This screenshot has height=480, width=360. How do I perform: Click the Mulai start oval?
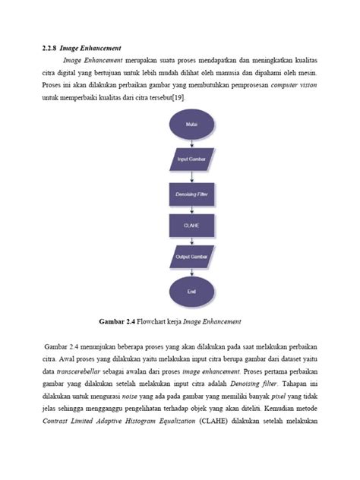(191, 124)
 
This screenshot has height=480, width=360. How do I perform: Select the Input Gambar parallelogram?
(191, 159)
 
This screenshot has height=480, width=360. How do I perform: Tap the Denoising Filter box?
(191, 194)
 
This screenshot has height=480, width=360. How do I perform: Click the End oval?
(191, 290)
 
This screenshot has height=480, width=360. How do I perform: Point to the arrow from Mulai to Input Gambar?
(191, 142)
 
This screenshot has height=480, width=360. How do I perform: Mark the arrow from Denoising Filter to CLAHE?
(191, 210)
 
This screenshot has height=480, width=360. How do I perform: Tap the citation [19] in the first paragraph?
(176, 98)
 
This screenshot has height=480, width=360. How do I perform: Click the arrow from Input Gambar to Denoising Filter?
(191, 176)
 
